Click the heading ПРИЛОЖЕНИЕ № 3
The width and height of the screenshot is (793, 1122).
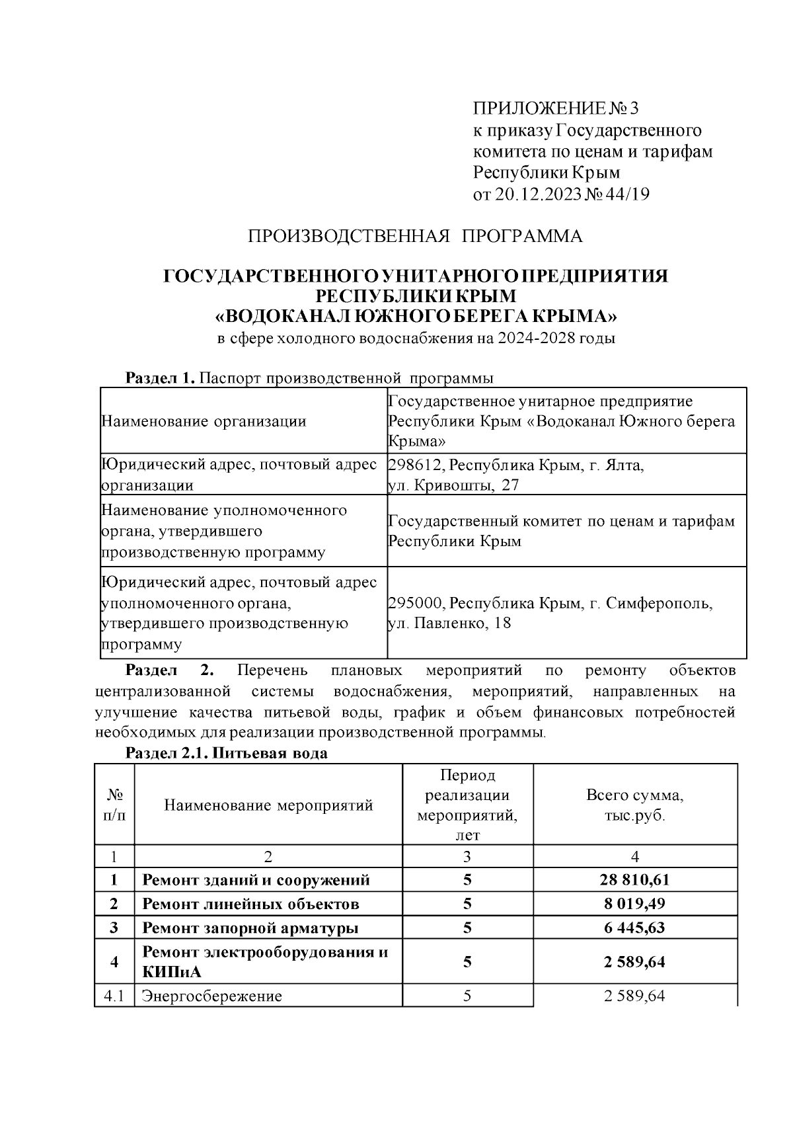point(557,108)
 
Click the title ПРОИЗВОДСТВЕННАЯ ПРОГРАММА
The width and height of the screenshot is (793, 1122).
point(415,236)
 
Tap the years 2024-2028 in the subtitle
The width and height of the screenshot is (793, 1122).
point(536,339)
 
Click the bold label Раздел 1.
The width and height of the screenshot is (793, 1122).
point(160,378)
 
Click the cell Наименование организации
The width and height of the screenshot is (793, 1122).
point(204,421)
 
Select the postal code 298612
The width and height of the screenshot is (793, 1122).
point(410,465)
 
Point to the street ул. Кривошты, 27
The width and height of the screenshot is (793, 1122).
point(453,485)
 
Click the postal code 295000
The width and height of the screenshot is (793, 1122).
point(410,604)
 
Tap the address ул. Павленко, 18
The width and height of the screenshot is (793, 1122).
point(449,623)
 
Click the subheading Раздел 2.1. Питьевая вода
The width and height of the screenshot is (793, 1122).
point(227,754)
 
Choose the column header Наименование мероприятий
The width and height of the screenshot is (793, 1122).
point(268,805)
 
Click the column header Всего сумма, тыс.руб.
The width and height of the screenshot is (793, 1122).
point(634,805)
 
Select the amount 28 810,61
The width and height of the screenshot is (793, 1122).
point(634,880)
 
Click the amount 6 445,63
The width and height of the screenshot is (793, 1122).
point(634,928)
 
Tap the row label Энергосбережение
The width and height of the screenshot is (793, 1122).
point(212,996)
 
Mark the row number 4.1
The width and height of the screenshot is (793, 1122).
point(114,996)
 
